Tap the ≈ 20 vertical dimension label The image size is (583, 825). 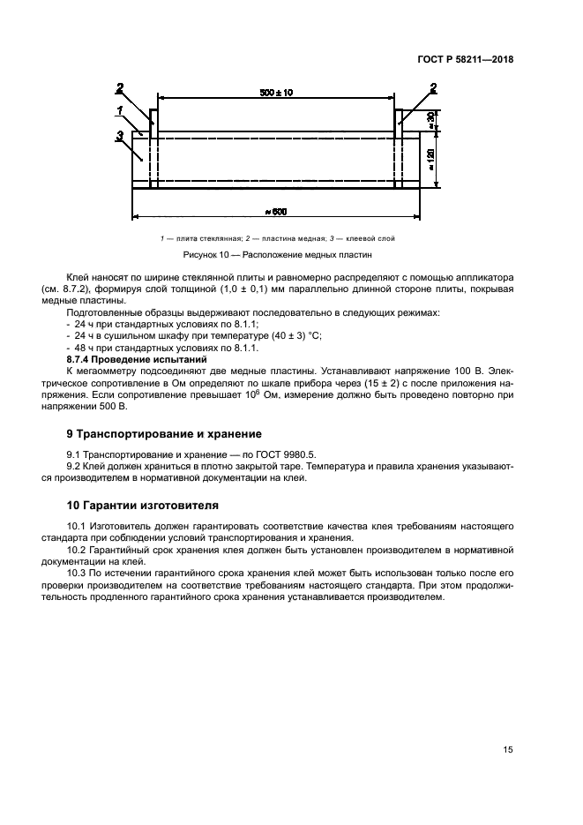click(430, 120)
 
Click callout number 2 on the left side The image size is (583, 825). click(120, 86)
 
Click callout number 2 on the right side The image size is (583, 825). click(433, 86)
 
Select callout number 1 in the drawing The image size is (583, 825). click(118, 109)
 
